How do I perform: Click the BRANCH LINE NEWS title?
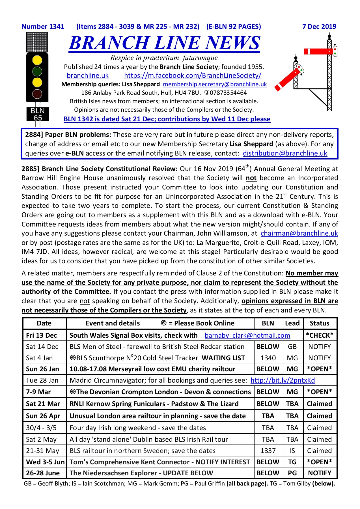164,43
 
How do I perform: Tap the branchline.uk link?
88,76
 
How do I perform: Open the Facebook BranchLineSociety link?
193,76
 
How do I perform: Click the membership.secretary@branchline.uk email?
215,84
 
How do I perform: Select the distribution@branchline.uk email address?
285,153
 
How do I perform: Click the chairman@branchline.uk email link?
299,233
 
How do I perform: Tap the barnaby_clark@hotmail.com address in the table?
247,335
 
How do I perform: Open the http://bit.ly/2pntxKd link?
283,380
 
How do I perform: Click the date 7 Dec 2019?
319,27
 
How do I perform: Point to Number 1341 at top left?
43,27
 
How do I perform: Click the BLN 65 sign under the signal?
37,114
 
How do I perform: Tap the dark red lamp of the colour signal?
37,94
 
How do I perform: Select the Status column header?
319,323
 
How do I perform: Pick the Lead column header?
292,323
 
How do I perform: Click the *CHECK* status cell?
320,335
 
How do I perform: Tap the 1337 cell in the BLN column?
268,450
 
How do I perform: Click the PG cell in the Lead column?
292,473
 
